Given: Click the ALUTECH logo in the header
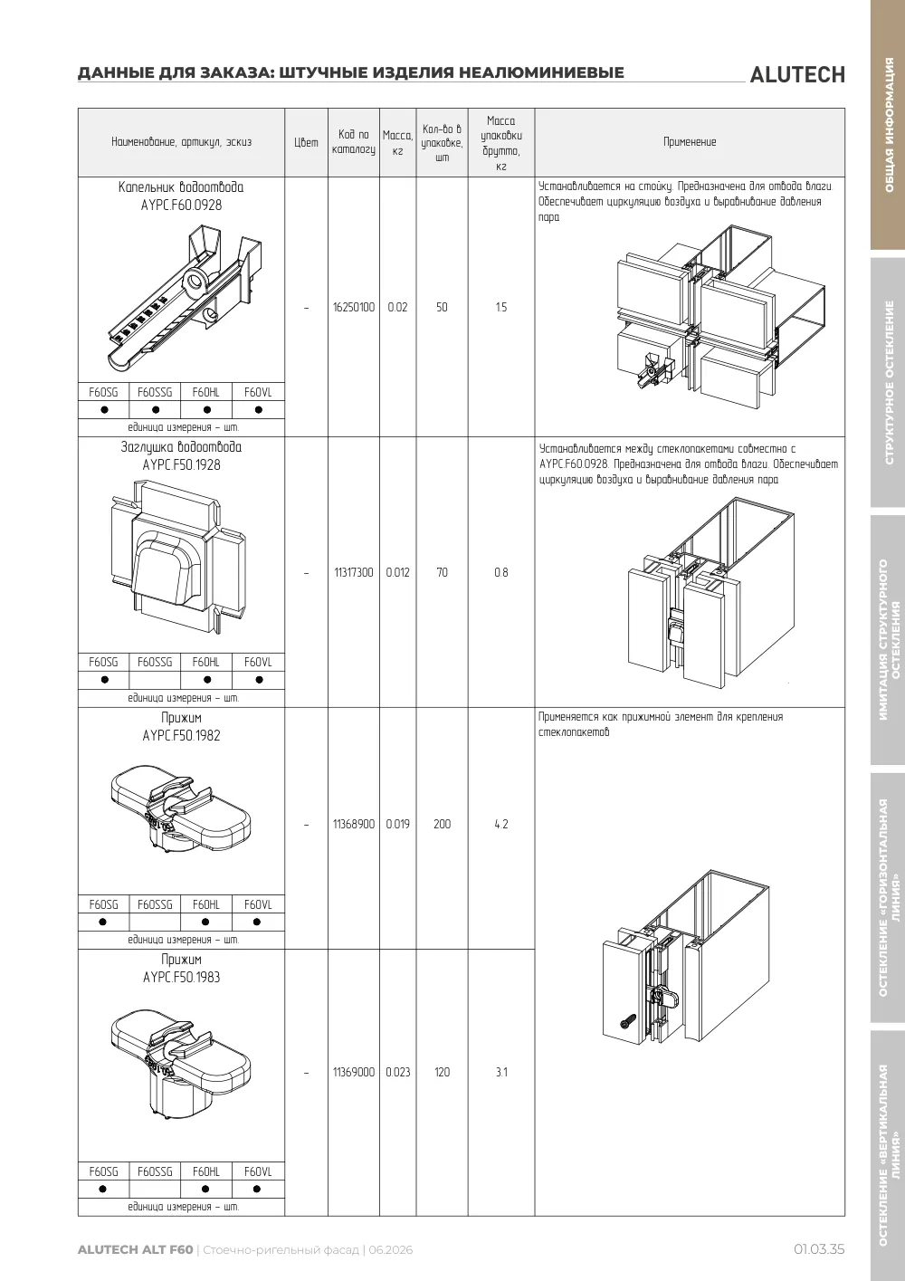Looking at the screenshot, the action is (x=797, y=75).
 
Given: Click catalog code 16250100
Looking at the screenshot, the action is (x=354, y=307).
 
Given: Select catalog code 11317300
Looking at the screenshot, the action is (x=354, y=572).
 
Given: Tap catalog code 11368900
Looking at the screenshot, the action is (x=354, y=824).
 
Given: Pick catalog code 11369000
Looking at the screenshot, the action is (x=354, y=1072).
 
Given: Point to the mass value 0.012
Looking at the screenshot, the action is (x=398, y=572).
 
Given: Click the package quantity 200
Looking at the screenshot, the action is (x=442, y=824).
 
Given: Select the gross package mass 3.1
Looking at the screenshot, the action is (x=501, y=1072).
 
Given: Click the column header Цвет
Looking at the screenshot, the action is (x=307, y=142).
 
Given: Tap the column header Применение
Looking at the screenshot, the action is (x=690, y=142).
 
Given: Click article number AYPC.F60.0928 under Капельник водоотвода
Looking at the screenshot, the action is (x=181, y=206).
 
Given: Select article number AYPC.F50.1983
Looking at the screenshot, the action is (x=181, y=978).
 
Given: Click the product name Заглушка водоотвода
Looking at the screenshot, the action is (x=181, y=447).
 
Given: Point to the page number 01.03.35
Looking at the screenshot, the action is (x=819, y=1249).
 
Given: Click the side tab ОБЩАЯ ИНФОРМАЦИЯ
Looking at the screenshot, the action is (x=889, y=125).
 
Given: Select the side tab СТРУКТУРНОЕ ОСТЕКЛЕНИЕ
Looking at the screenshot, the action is (x=889, y=383).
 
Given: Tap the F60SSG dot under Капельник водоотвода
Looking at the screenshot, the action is (x=156, y=409).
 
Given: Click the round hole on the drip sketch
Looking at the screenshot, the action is (x=195, y=282).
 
